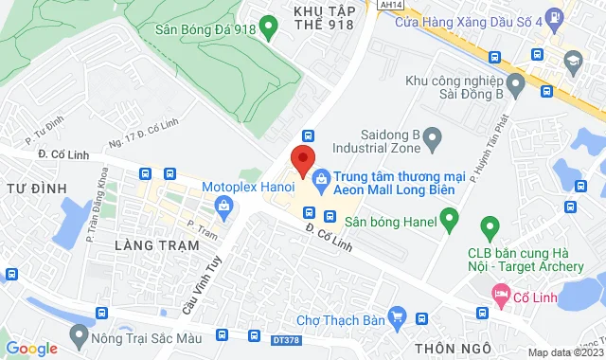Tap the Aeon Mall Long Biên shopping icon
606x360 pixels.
click(322, 176)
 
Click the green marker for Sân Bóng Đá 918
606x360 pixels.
click(268, 28)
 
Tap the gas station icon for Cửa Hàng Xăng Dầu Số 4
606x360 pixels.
click(554, 17)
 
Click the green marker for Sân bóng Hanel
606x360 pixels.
click(450, 222)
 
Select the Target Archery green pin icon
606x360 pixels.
click(490, 227)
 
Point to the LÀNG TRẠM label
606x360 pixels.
click(156, 245)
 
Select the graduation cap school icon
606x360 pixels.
click(572, 62)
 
